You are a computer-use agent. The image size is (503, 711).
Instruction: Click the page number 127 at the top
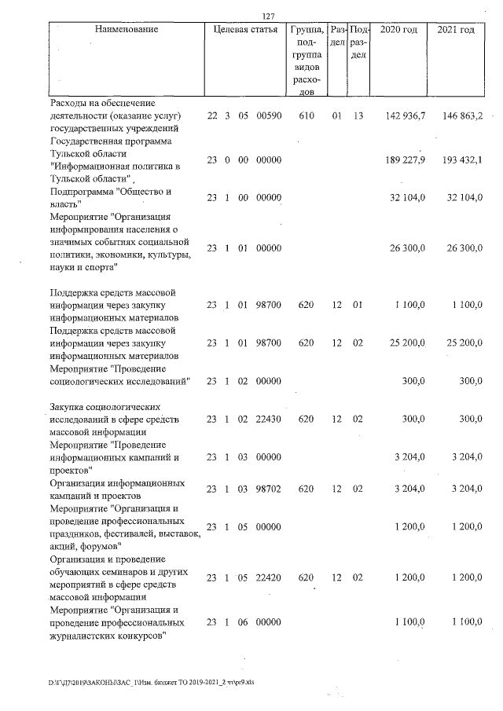pos(267,17)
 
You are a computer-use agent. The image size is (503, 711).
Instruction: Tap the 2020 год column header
pos(398,30)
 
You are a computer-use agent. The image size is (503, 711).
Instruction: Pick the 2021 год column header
pos(456,30)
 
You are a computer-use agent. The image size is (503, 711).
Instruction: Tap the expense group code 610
pos(307,115)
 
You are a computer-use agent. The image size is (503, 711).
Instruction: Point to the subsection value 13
pos(358,115)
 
